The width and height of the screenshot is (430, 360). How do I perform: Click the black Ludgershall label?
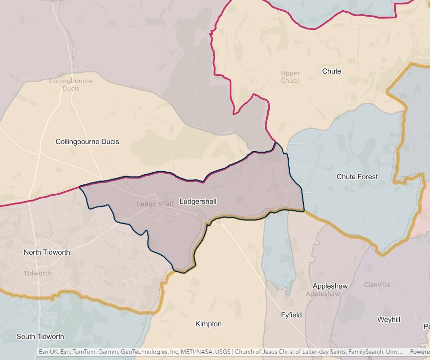(x=198, y=201)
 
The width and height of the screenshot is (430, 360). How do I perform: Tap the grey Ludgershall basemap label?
(x=155, y=204)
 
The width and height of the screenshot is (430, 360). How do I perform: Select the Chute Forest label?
(x=357, y=177)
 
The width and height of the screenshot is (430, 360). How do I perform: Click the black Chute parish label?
(x=331, y=71)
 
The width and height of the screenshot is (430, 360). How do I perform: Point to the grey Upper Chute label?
(x=290, y=77)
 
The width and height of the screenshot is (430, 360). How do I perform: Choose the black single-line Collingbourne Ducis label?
(x=87, y=142)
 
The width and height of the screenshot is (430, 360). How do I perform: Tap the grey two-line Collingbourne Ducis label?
(x=71, y=85)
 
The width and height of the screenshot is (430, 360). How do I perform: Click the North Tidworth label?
(x=47, y=252)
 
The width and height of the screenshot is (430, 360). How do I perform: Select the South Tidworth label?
(x=40, y=337)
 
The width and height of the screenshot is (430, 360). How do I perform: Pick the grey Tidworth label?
(x=38, y=273)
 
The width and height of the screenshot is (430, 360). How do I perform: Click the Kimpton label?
(x=208, y=324)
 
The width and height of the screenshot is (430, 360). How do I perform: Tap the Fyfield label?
(x=291, y=315)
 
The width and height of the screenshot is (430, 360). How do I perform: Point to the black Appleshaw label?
(x=323, y=286)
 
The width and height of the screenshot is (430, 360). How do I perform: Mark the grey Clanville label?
(x=377, y=285)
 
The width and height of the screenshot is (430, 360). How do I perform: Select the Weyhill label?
(x=388, y=319)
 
